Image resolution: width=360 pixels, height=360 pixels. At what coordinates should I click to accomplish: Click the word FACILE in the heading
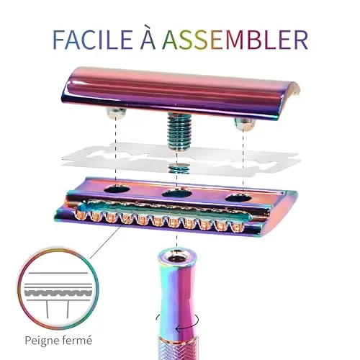tap(92, 39)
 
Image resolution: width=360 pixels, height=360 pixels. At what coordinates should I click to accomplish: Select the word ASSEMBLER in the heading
tap(235, 39)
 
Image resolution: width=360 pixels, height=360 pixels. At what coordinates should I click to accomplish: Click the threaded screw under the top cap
tap(176, 132)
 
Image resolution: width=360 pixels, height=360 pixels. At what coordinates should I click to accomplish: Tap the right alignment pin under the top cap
tap(244, 123)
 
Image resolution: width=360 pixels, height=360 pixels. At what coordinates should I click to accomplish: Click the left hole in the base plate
tap(117, 189)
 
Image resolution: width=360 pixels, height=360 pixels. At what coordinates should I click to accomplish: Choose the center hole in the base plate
tap(177, 193)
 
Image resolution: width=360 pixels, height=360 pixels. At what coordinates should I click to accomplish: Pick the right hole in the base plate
tap(238, 198)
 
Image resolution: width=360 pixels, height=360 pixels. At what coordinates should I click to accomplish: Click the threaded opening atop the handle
tap(177, 257)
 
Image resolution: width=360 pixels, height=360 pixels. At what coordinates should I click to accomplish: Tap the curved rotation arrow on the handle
tap(177, 323)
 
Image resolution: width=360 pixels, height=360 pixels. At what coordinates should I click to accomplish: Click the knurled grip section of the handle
tap(178, 348)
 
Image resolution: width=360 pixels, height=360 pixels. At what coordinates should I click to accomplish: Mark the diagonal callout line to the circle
tap(105, 242)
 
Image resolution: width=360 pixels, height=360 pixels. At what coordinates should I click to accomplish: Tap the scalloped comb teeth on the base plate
tap(160, 220)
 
